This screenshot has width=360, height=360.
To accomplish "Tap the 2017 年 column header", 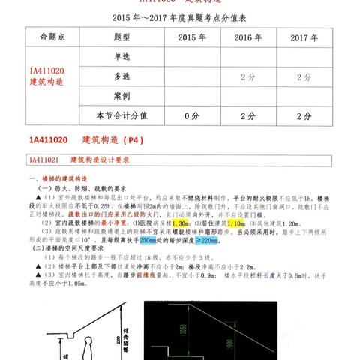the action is pyautogui.click(x=304, y=37).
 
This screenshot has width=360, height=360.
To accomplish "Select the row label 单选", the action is pyautogui.click(x=123, y=57).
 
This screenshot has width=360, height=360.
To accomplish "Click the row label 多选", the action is pyautogui.click(x=123, y=76).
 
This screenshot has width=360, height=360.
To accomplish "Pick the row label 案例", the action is pyautogui.click(x=123, y=96).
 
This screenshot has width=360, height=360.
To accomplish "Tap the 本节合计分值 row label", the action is pyautogui.click(x=123, y=115).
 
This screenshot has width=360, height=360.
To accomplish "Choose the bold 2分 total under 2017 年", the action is pyautogui.click(x=304, y=115).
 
